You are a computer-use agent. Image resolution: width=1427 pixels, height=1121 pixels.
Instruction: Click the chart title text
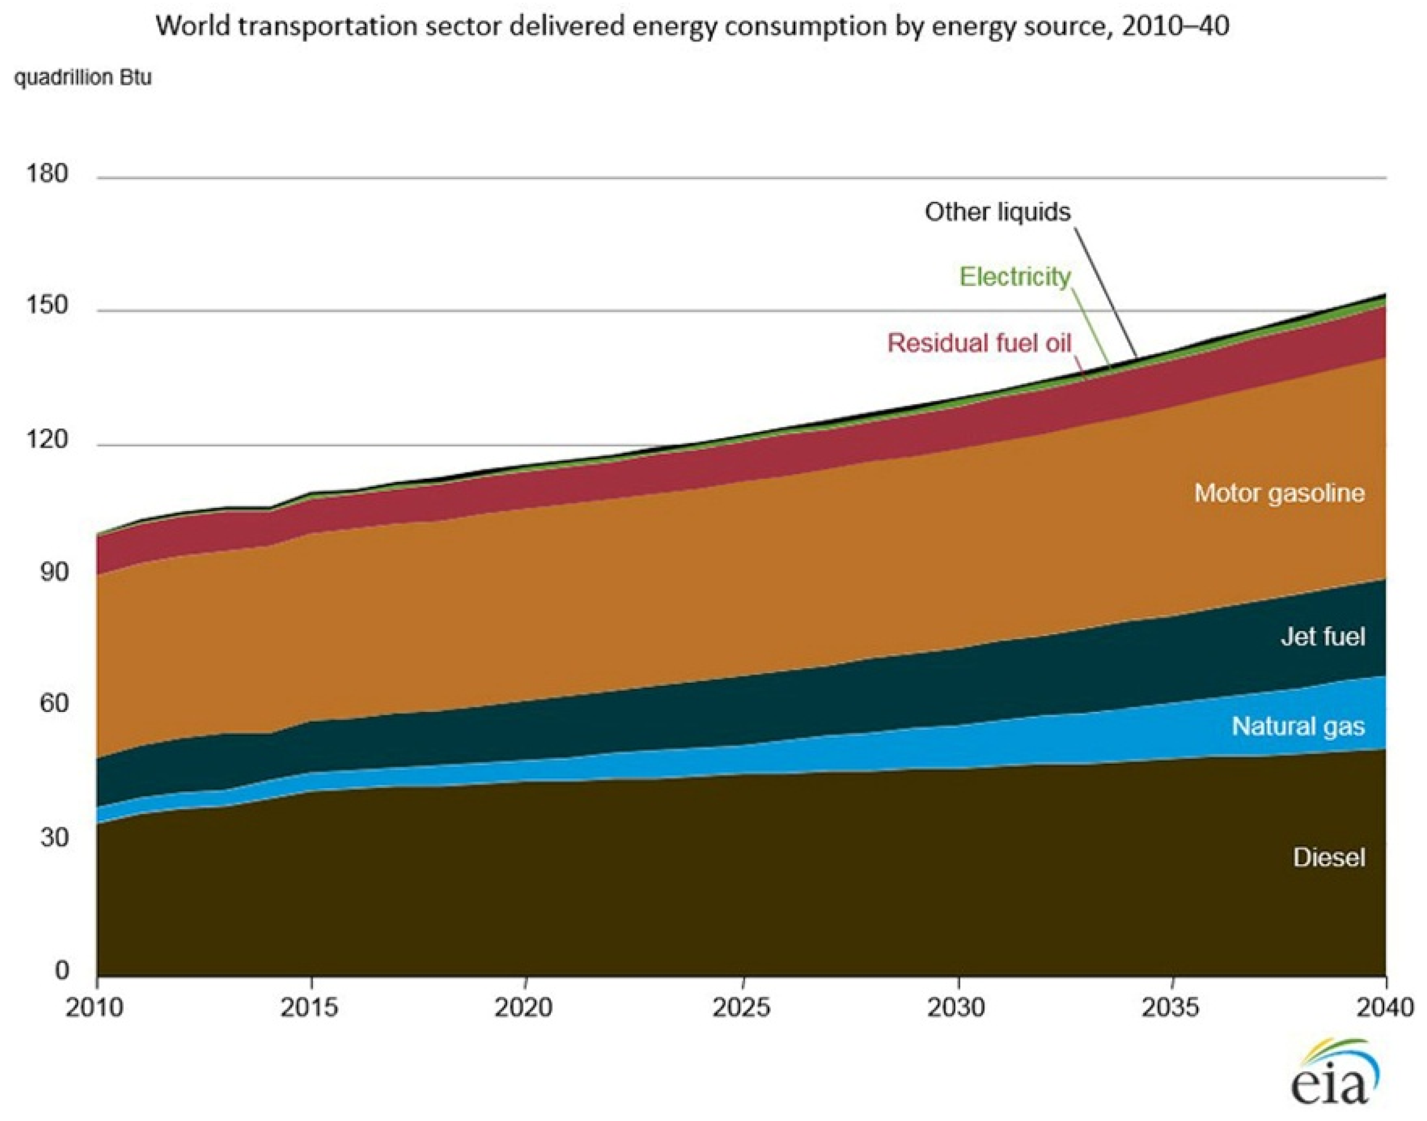click(x=692, y=27)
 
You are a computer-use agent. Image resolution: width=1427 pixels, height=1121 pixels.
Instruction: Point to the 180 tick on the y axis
click(x=47, y=174)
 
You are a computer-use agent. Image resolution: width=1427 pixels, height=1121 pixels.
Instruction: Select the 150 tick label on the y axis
click(x=47, y=306)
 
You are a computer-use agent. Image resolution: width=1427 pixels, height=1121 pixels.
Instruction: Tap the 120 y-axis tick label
click(x=47, y=440)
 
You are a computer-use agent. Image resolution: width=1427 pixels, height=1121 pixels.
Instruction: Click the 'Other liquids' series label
click(x=997, y=212)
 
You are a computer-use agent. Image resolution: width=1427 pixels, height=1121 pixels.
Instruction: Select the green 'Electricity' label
click(x=1015, y=277)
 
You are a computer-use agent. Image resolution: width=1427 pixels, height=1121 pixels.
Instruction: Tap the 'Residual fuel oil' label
click(x=979, y=342)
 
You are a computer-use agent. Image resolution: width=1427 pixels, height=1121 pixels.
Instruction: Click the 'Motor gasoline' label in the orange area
click(x=1278, y=493)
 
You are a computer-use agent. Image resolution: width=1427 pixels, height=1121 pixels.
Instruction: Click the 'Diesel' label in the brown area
click(x=1329, y=858)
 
